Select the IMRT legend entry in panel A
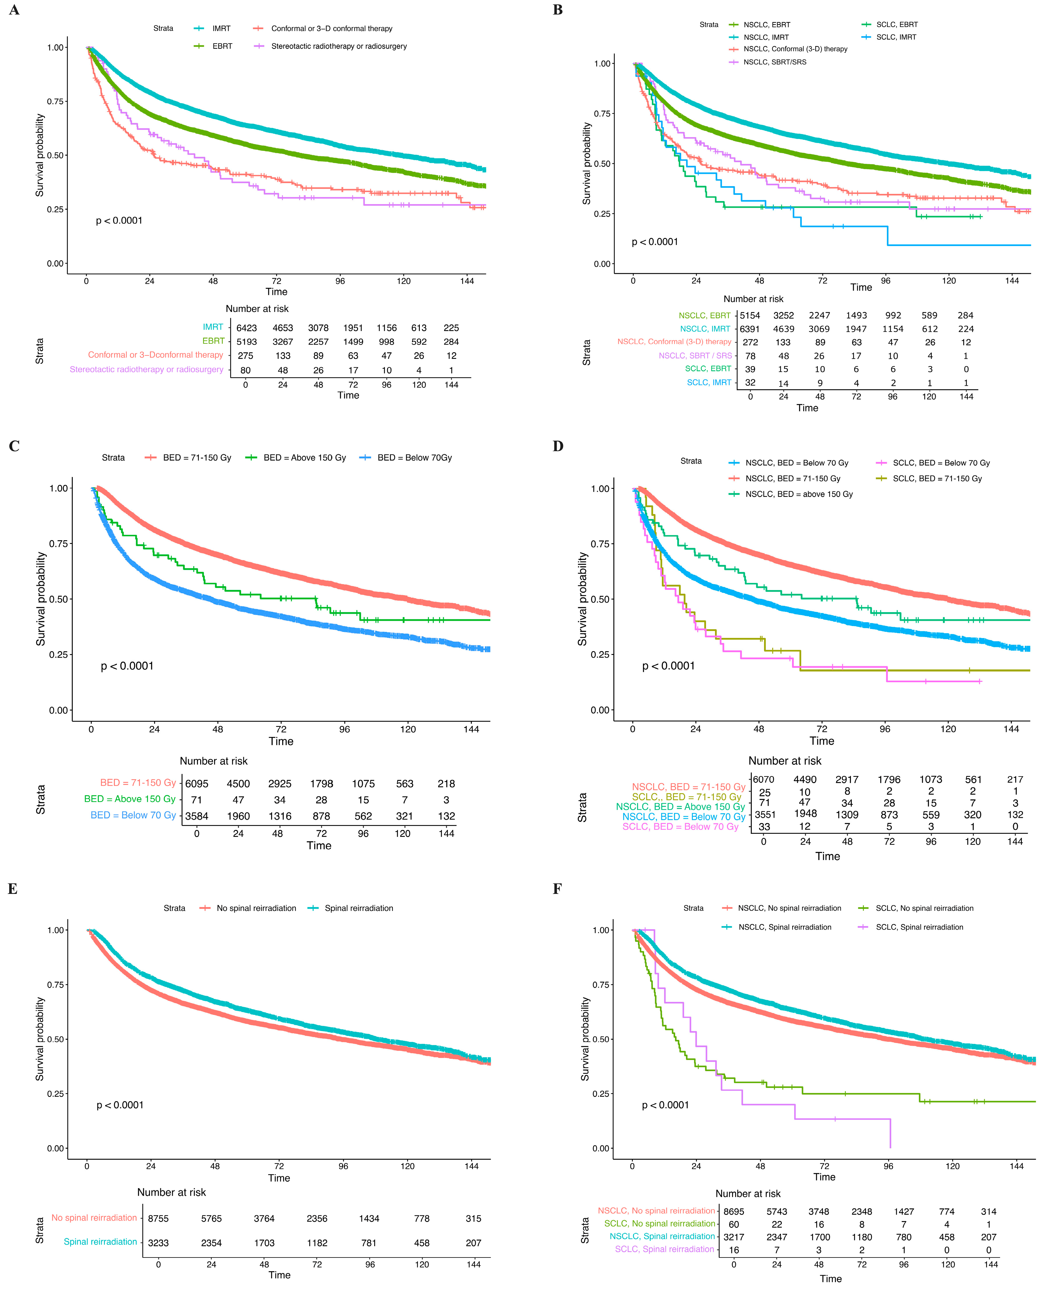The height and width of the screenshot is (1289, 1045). [x=221, y=28]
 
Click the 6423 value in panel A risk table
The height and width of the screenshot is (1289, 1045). [x=246, y=328]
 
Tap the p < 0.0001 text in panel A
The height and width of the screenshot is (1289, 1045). [x=119, y=221]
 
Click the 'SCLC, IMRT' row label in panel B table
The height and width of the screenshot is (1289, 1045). [x=709, y=382]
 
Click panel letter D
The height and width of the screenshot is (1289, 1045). [x=558, y=446]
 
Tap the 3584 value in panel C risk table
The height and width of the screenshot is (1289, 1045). [x=197, y=816]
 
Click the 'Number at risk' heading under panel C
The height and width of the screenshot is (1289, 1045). [x=214, y=761]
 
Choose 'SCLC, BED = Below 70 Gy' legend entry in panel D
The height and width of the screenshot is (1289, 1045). [x=941, y=463]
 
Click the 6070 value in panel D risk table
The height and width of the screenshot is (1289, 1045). [x=763, y=779]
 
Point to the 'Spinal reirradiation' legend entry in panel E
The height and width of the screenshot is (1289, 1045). [x=359, y=908]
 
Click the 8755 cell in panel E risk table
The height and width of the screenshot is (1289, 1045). [x=158, y=1219]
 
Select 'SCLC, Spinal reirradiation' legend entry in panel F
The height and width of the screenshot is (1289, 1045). [x=919, y=927]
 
